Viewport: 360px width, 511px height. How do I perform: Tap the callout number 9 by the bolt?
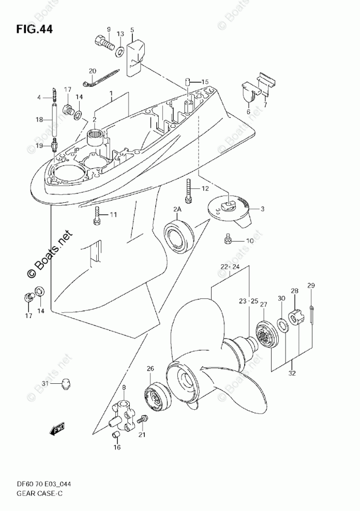pyautogui.click(x=109, y=29)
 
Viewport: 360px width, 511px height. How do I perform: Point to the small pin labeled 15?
pyautogui.click(x=189, y=82)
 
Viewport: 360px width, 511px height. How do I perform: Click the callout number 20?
pyautogui.click(x=93, y=71)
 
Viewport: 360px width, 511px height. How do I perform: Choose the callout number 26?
pyautogui.click(x=151, y=369)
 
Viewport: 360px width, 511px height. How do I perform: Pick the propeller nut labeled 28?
pyautogui.click(x=295, y=318)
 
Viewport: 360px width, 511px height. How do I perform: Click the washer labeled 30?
pyautogui.click(x=281, y=324)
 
